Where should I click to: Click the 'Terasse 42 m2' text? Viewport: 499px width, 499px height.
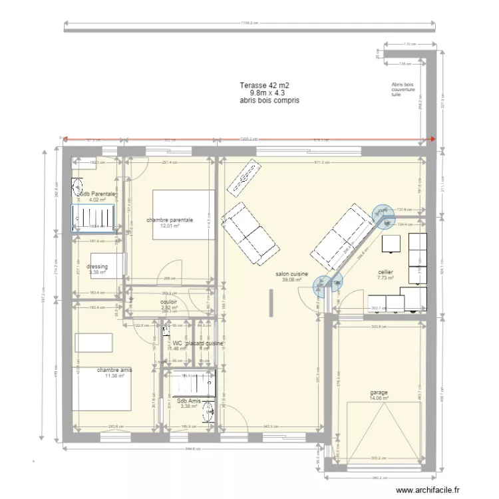tap(265, 86)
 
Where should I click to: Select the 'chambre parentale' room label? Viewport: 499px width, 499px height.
tap(170, 219)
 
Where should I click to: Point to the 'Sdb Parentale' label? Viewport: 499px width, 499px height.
tap(97, 194)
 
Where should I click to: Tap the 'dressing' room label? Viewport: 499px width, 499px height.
tap(97, 266)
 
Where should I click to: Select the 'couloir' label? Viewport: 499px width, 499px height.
tap(169, 301)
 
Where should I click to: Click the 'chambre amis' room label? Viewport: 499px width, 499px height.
tap(114, 370)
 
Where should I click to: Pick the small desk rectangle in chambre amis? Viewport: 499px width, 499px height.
tap(98, 342)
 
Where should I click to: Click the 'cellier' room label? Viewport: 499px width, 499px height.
tap(385, 272)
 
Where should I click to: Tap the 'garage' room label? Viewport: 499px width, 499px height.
tap(379, 393)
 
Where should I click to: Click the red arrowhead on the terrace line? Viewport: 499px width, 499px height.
tap(432, 140)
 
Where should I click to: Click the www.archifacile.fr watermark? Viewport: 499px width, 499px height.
tap(428, 490)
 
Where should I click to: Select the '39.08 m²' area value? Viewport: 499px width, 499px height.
tap(291, 280)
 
